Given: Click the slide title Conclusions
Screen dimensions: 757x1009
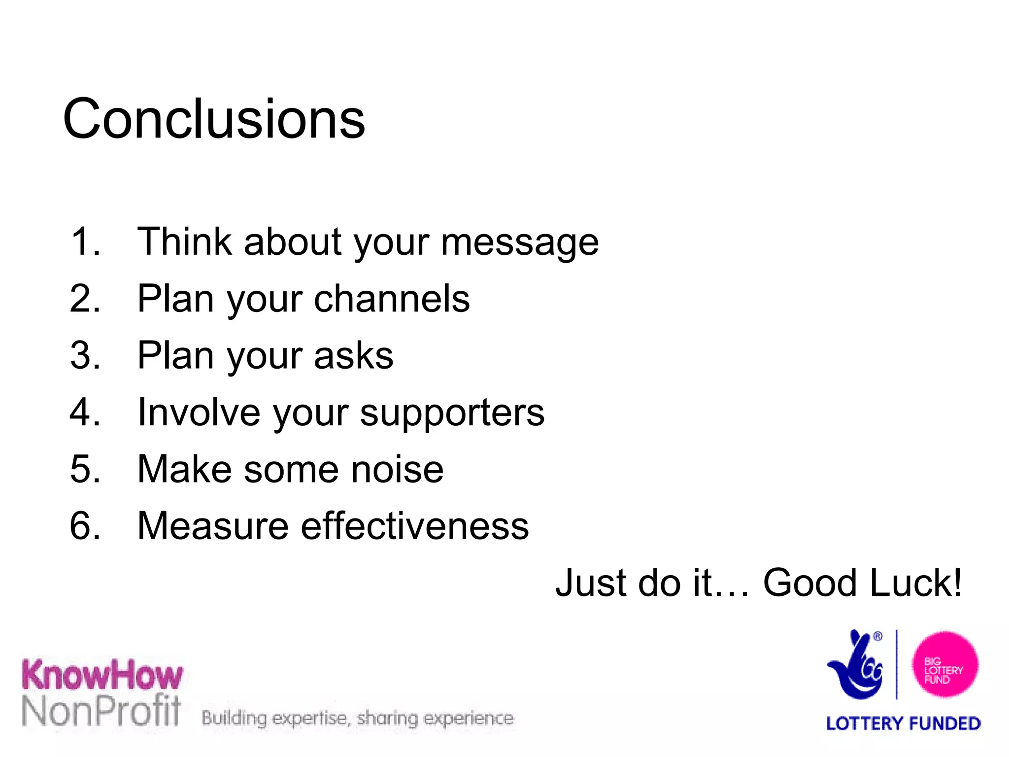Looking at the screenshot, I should [x=214, y=119].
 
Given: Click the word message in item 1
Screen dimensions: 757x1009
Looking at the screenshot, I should [x=520, y=242].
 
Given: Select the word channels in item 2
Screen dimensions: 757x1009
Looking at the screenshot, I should [x=392, y=299].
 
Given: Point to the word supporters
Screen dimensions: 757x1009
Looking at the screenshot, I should [x=452, y=413].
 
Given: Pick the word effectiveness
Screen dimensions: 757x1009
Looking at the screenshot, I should [x=415, y=526].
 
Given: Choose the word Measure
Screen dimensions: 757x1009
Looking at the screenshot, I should [x=213, y=526].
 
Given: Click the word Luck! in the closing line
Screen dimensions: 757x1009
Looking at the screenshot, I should [x=915, y=583].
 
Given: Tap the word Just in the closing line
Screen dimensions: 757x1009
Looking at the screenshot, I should [x=591, y=583].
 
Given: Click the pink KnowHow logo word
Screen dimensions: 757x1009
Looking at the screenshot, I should [x=102, y=675].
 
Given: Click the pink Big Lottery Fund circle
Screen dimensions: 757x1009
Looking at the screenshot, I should [x=944, y=665].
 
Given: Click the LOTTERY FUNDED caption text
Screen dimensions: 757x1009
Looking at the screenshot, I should [x=903, y=723].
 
